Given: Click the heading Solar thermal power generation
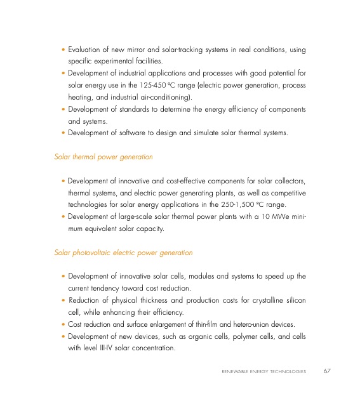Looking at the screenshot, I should point(103,156).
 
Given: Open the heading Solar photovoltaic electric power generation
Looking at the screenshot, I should point(124,253).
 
